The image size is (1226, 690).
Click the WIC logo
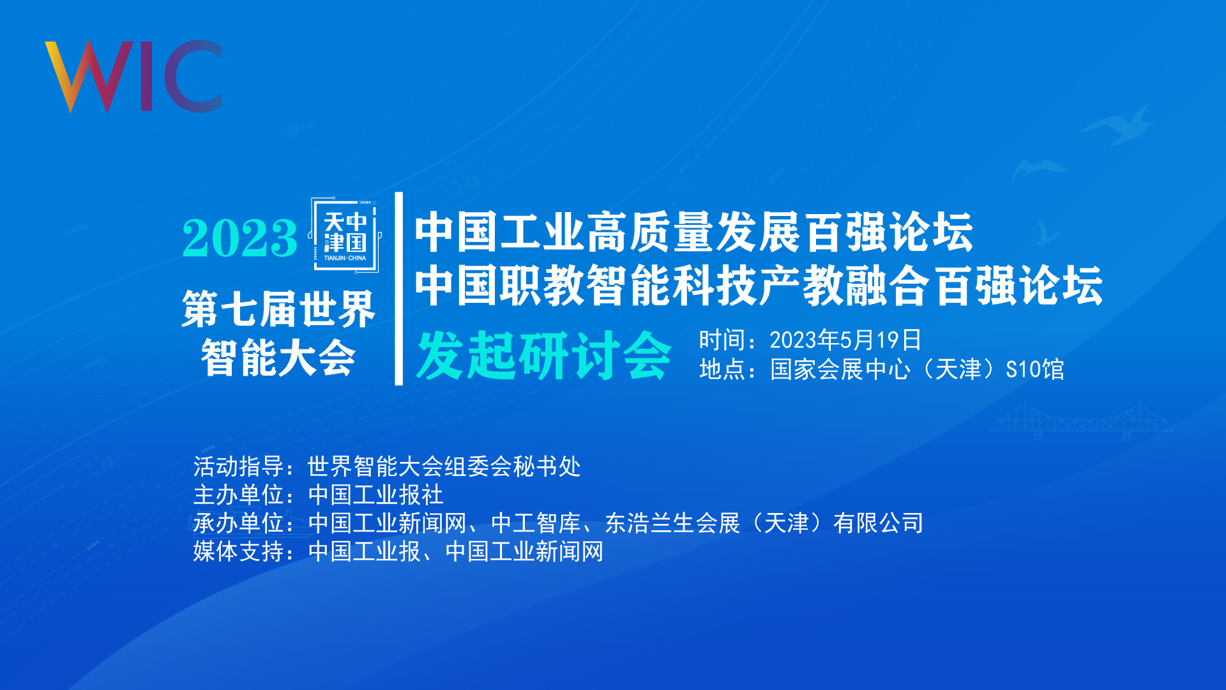133,77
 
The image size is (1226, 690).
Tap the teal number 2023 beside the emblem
239,238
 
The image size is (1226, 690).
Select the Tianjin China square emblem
345,235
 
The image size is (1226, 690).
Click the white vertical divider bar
399,289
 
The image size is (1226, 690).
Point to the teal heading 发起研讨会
544,355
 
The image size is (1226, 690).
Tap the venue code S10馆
1034,369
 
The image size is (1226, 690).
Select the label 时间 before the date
722,340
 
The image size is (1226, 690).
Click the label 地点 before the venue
722,369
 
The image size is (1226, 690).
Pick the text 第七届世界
278,309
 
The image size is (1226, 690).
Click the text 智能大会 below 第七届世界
278,358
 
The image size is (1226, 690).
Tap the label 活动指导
238,466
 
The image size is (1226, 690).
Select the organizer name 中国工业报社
375,494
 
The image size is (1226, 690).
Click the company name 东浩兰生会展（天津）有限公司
764,523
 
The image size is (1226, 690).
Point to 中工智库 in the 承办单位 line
536,523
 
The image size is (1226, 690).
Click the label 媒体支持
238,551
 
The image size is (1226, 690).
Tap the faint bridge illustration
1082,420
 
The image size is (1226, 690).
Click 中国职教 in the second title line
499,286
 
